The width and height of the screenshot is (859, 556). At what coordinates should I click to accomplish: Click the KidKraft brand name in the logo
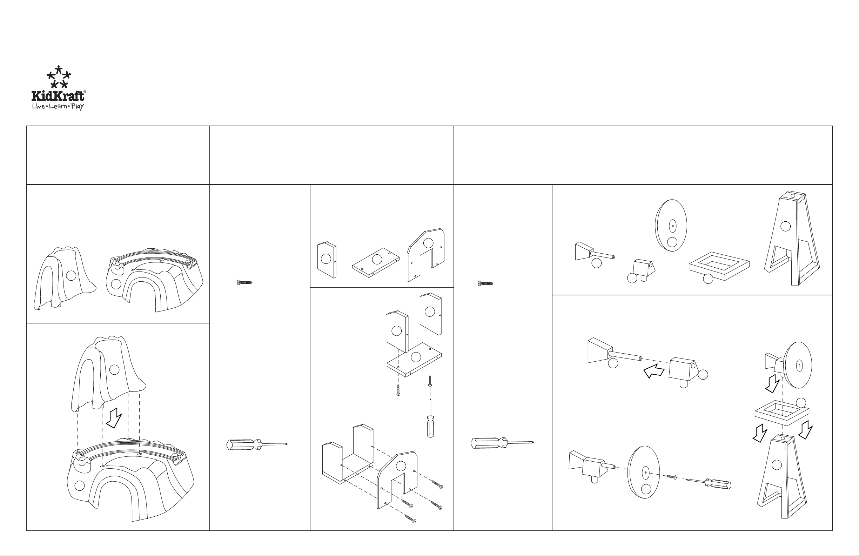tap(58, 96)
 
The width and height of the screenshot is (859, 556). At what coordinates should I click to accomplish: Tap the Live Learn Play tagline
tap(58, 107)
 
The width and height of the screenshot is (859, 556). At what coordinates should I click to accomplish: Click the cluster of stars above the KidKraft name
tap(59, 76)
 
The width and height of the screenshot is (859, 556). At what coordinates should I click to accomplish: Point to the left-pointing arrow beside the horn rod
tap(654, 371)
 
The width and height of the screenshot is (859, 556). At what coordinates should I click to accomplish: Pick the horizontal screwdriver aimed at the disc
tap(708, 483)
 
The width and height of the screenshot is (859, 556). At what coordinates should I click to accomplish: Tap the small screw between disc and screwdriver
tap(671, 477)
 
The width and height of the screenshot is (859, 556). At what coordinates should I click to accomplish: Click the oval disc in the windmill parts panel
tap(671, 226)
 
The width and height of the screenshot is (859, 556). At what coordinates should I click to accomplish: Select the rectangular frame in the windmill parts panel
tap(719, 266)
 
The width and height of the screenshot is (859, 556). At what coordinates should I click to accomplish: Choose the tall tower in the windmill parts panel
tap(792, 238)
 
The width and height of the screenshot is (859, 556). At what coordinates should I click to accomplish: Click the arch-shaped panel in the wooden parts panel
tap(425, 255)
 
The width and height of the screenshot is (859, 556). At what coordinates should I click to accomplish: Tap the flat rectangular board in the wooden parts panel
tap(376, 262)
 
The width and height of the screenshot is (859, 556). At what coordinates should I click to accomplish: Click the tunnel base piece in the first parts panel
tap(154, 280)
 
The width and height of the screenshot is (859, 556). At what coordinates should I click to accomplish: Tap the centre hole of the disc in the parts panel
tap(672, 226)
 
